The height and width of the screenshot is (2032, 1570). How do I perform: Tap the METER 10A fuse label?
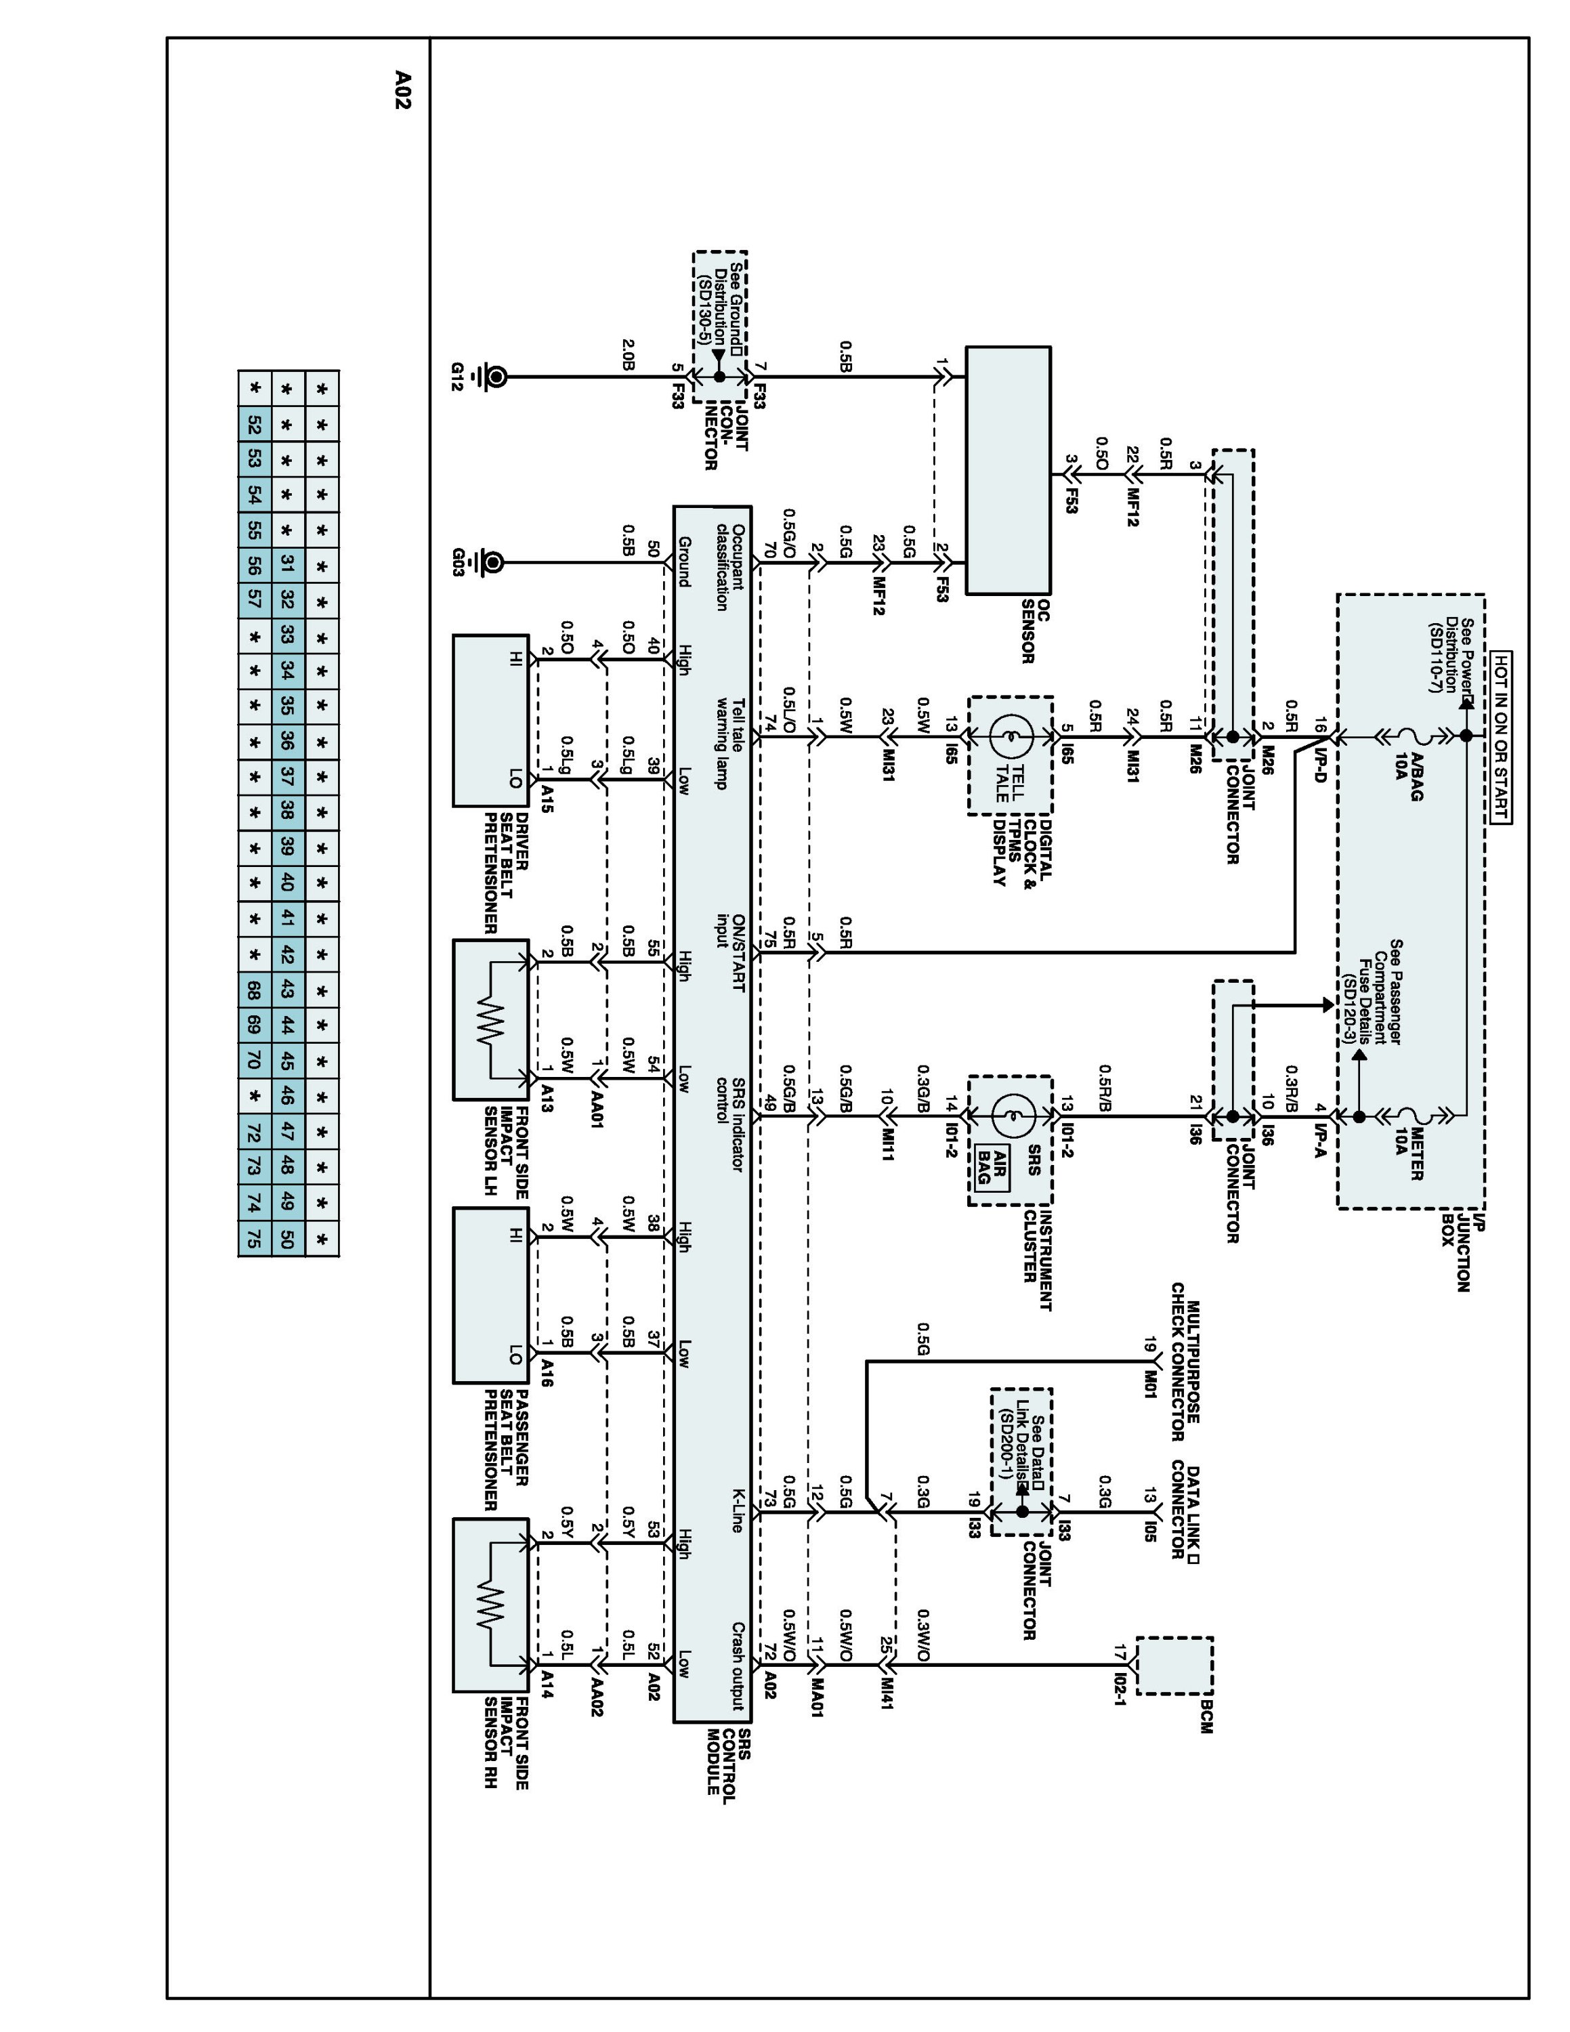(1408, 1153)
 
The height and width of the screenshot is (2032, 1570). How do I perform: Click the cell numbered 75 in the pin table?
(254, 1238)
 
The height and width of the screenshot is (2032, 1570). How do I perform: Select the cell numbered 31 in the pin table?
(287, 563)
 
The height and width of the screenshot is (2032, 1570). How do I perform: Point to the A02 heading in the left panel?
(402, 90)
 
